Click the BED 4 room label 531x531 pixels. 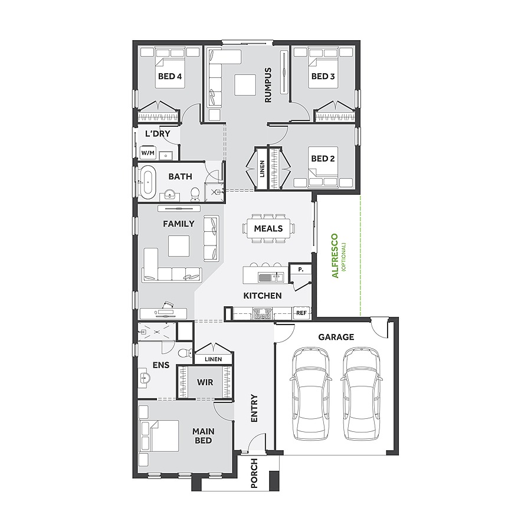pyautogui.click(x=169, y=76)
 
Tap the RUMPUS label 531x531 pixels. pyautogui.click(x=268, y=86)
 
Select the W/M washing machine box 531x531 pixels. pyautogui.click(x=147, y=153)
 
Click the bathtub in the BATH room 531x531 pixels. pyautogui.click(x=148, y=182)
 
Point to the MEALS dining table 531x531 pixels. pyautogui.click(x=268, y=228)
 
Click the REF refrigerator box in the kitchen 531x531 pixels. pyautogui.click(x=301, y=313)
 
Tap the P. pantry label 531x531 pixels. pyautogui.click(x=300, y=269)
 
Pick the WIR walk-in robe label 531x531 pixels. pyautogui.click(x=205, y=382)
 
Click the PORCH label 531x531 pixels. pyautogui.click(x=255, y=473)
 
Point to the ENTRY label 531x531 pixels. pyautogui.click(x=255, y=408)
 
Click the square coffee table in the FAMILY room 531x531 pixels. pyautogui.click(x=179, y=246)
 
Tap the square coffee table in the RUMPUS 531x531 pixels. pyautogui.click(x=244, y=84)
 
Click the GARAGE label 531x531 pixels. pyautogui.click(x=336, y=337)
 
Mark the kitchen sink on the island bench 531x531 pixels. pyautogui.click(x=266, y=277)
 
